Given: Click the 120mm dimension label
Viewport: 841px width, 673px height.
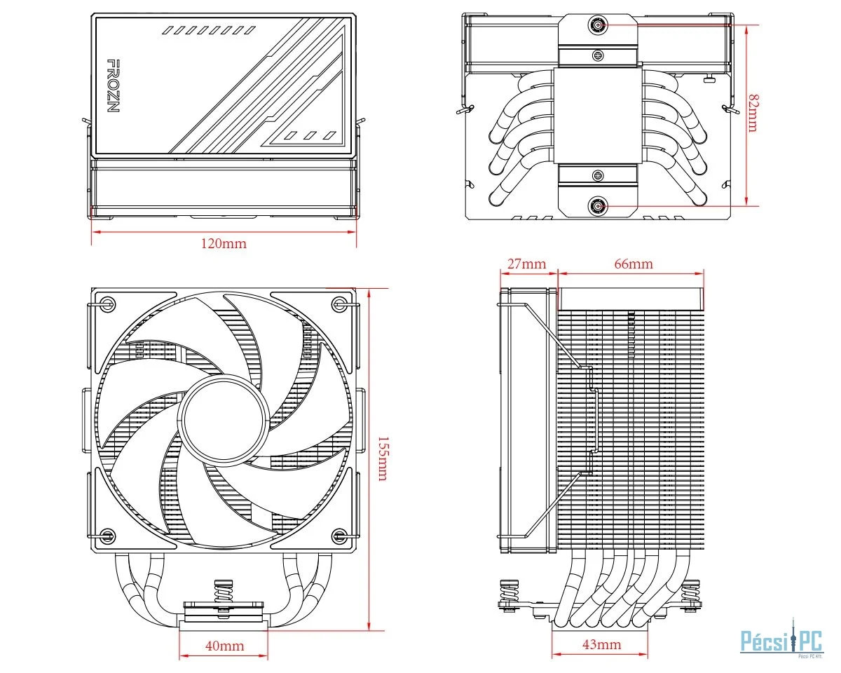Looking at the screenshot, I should [224, 243].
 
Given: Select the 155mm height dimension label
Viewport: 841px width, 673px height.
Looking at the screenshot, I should [382, 458].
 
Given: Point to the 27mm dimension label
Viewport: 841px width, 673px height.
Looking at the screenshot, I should [526, 264].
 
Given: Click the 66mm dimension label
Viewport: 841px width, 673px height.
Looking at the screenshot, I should [633, 264].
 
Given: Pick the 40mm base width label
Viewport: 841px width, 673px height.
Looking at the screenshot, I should [224, 646].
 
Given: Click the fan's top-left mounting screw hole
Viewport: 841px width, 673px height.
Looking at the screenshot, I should [107, 304].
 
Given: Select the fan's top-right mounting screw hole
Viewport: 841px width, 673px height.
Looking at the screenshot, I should [340, 304].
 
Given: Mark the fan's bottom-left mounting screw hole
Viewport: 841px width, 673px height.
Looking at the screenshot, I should [107, 536].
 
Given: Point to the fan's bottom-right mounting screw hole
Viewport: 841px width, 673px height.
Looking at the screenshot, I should [340, 536].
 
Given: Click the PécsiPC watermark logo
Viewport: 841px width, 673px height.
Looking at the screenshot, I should [781, 639].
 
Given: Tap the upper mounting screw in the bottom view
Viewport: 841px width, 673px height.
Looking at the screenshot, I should [597, 25].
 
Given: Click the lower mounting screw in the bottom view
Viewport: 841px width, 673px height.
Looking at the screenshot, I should [597, 206].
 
